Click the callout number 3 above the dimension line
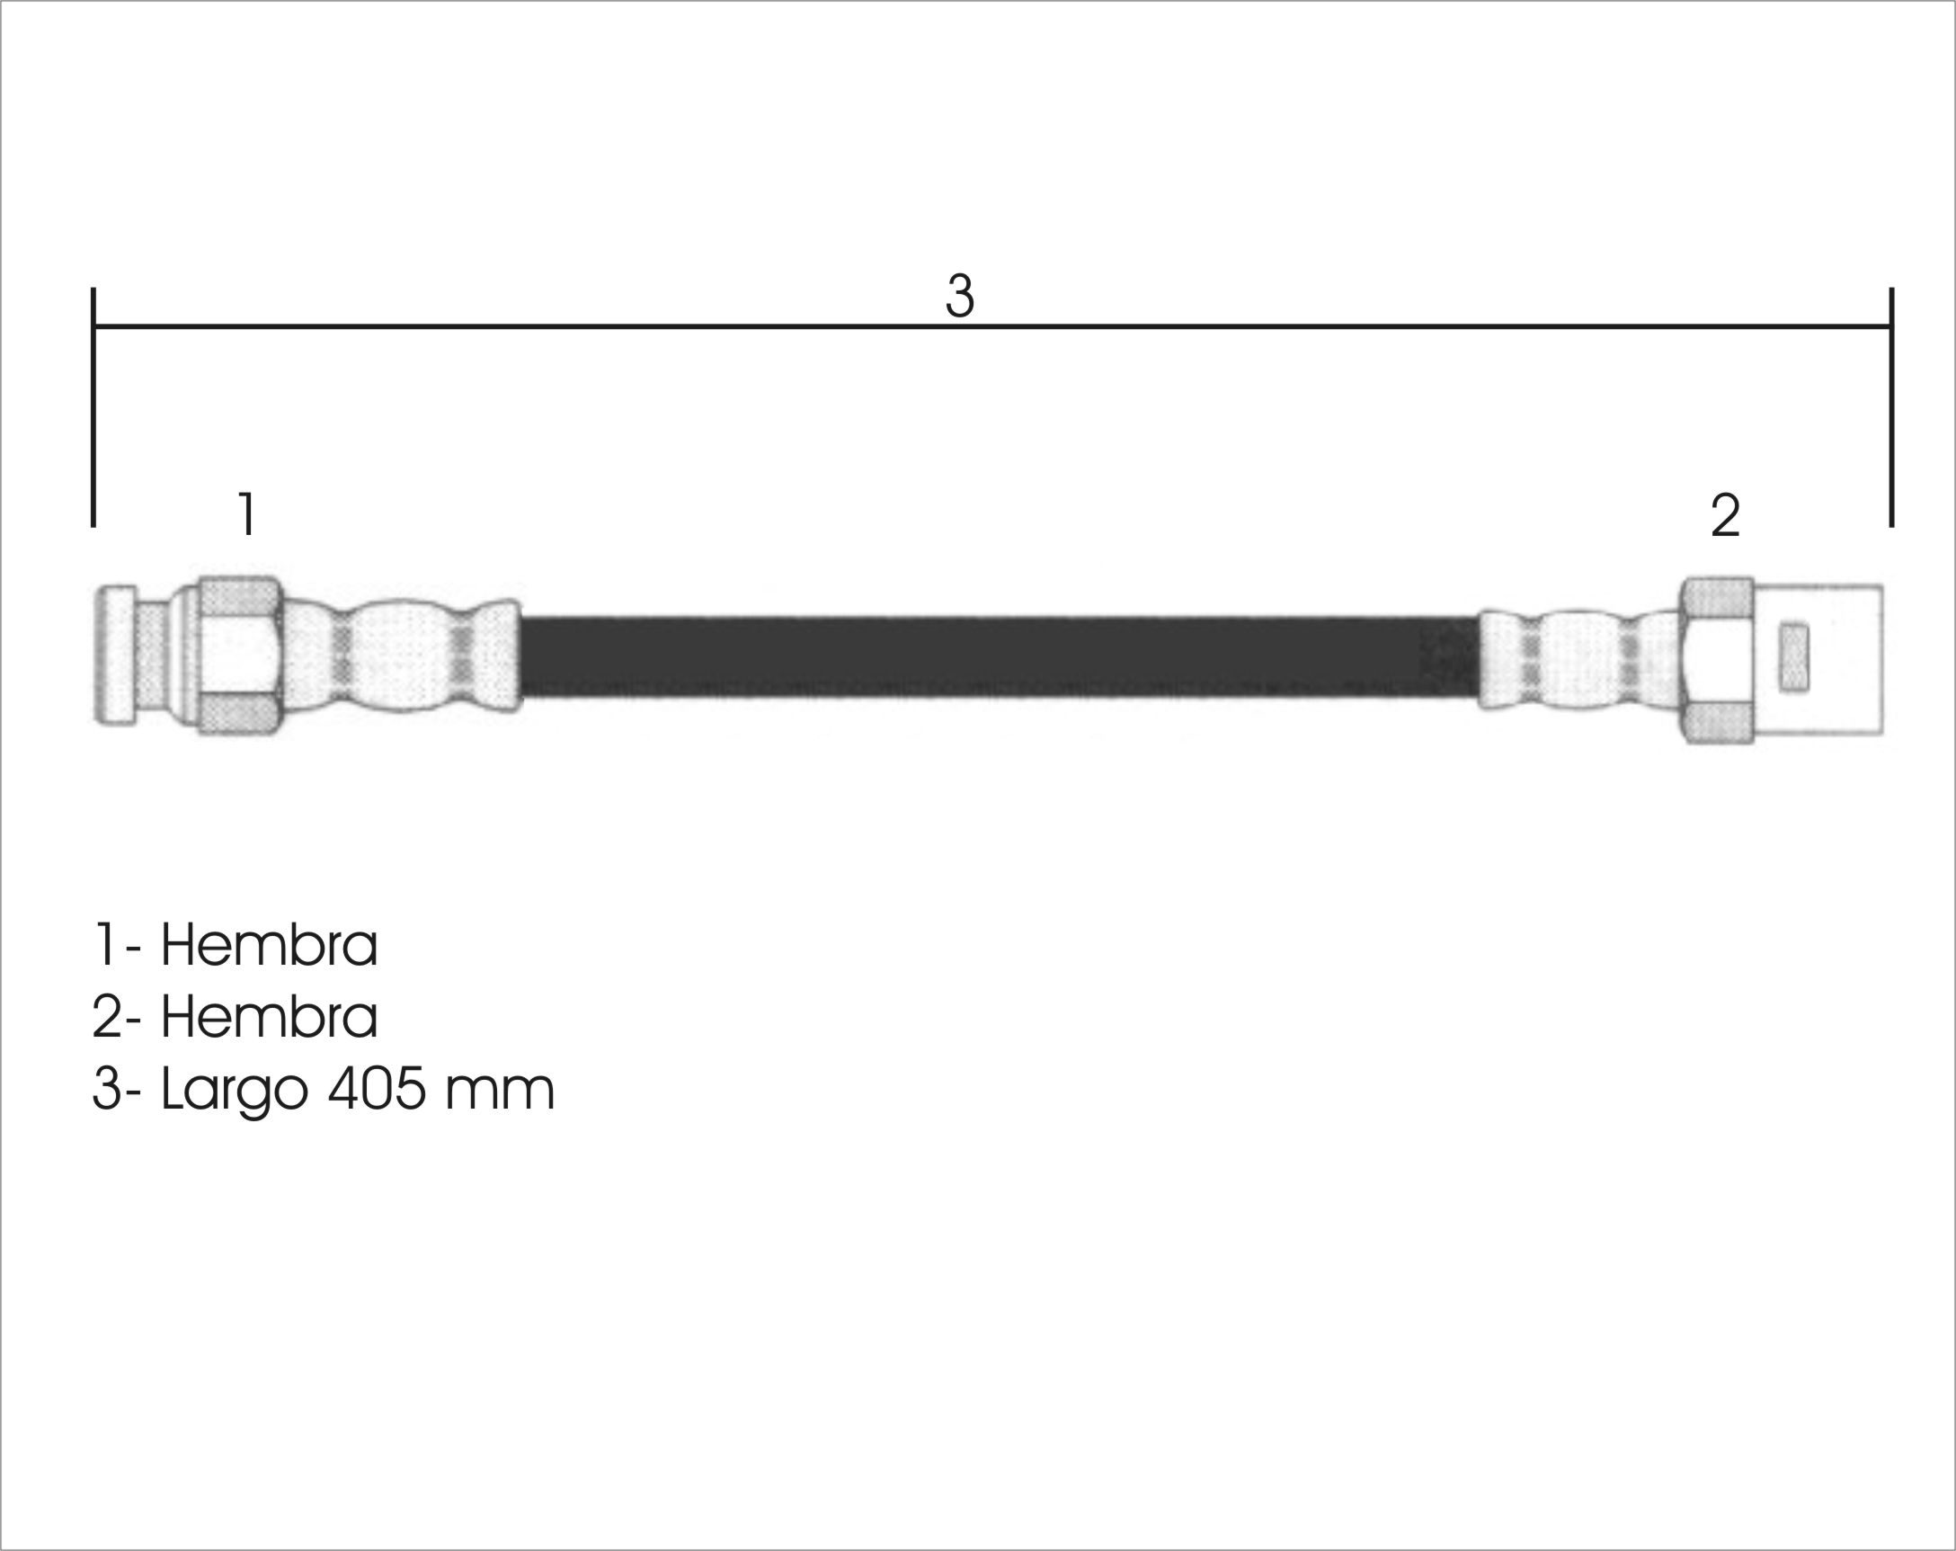pos(959,296)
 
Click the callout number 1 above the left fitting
pos(246,513)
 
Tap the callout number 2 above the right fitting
pos(1725,515)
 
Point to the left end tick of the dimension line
pos(93,406)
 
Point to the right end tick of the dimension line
pos(1890,406)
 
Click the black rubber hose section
pos(998,657)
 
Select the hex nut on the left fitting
pos(239,656)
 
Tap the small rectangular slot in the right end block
pos(1793,657)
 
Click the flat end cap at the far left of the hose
pos(115,655)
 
